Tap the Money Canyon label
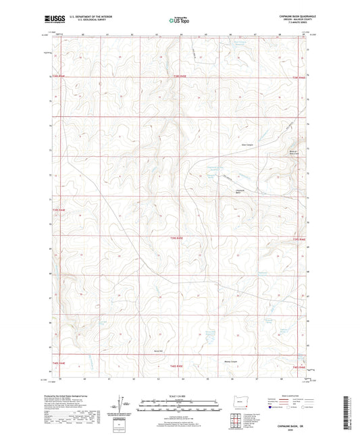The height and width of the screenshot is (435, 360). [232, 361]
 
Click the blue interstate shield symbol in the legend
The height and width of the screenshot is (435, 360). [272, 408]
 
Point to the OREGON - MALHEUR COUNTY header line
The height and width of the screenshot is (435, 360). [290, 20]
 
